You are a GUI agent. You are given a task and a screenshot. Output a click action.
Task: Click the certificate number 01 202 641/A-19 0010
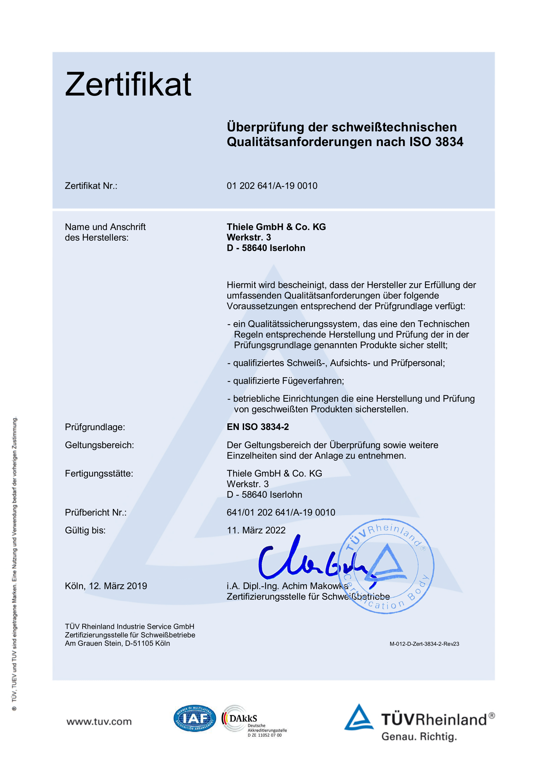click(272, 186)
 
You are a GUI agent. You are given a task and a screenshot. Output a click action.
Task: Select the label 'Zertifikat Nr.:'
click(91, 186)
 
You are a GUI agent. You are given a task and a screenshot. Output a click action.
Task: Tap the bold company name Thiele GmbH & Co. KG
click(276, 227)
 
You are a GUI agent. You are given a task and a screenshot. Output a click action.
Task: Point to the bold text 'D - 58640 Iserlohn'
click(266, 248)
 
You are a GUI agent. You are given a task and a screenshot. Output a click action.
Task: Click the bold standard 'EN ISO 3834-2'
click(258, 427)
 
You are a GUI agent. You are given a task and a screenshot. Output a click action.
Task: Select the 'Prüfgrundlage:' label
click(95, 427)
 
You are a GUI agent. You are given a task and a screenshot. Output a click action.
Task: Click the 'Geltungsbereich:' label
click(99, 445)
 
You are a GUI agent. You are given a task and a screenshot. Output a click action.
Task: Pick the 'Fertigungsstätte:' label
click(99, 473)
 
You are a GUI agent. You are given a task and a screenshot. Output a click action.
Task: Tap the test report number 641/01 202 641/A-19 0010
click(281, 513)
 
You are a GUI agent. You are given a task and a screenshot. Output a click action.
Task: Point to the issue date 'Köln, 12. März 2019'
click(106, 586)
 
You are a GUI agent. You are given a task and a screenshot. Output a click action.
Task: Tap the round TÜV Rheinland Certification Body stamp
click(386, 565)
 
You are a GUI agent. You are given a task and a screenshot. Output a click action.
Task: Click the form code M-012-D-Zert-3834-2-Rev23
click(424, 644)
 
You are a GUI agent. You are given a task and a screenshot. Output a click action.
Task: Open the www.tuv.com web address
click(99, 721)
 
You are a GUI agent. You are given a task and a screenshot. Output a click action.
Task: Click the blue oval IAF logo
click(195, 718)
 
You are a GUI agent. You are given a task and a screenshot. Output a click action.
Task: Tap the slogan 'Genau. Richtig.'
click(419, 737)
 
